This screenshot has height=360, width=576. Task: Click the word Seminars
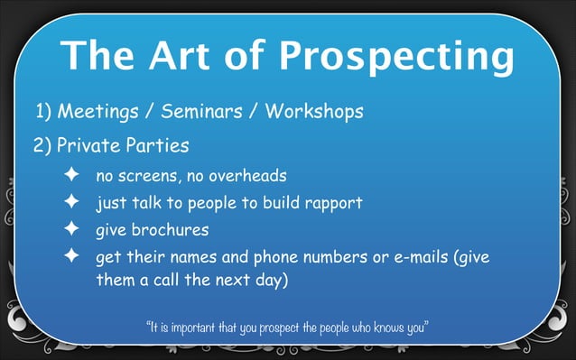point(200,113)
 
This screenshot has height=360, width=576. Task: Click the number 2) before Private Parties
point(44,144)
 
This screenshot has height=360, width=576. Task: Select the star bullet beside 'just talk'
point(71,202)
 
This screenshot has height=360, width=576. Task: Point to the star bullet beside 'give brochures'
point(71,229)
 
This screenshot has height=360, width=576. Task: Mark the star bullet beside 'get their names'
point(71,257)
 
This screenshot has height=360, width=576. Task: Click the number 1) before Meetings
point(44,113)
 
